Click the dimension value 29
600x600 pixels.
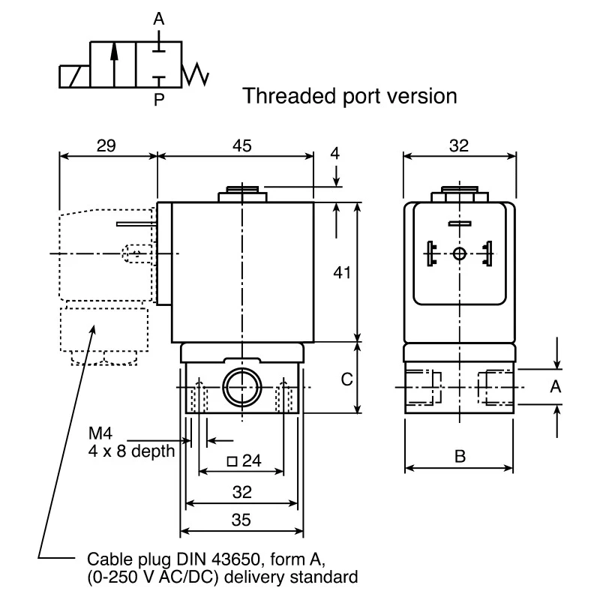coord(106,145)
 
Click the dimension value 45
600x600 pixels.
coord(242,145)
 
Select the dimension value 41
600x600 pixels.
coord(342,273)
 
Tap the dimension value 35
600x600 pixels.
coord(241,520)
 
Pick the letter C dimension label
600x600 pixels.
coord(346,379)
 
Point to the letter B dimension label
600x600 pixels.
coord(460,456)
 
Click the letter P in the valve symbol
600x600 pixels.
coord(159,100)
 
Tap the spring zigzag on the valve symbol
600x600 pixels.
coord(195,74)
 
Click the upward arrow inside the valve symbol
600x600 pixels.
coord(114,64)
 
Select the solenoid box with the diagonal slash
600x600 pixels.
coord(74,76)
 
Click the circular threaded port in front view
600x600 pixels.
coord(241,387)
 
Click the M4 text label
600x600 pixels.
coord(100,433)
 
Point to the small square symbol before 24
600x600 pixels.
coord(232,461)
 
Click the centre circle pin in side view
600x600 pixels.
coord(459,253)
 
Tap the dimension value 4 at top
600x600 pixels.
coord(334,154)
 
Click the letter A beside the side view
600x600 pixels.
coord(555,387)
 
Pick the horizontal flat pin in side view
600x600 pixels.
coord(460,223)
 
